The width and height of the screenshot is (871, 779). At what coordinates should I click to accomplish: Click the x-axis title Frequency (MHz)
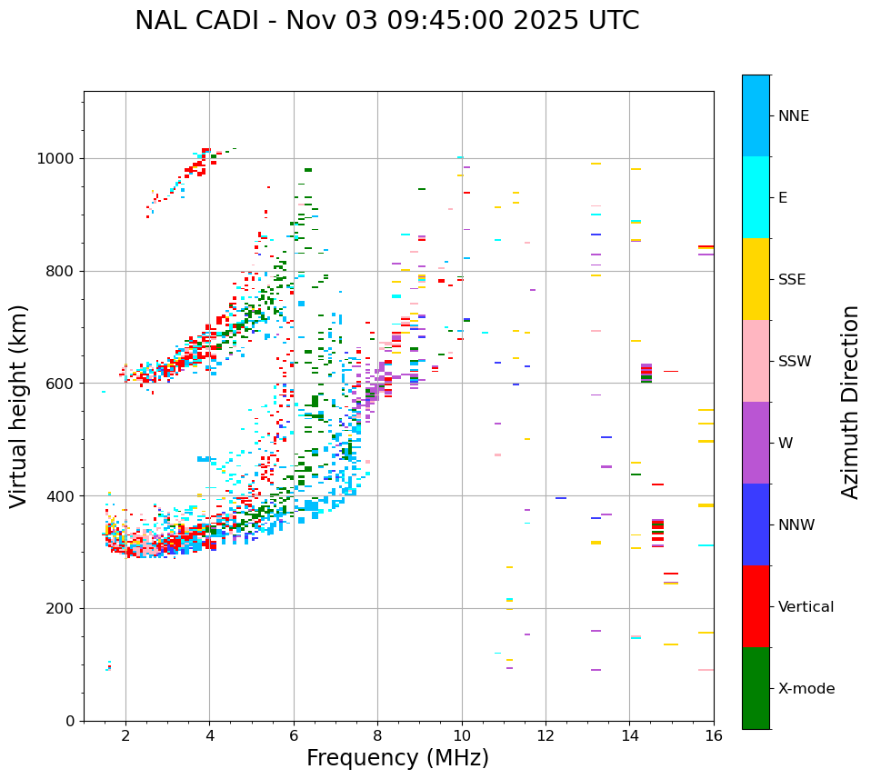[x=397, y=758]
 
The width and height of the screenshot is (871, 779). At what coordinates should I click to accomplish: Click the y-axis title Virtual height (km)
[x=19, y=405]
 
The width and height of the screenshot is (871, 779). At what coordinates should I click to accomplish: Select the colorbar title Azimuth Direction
[x=850, y=402]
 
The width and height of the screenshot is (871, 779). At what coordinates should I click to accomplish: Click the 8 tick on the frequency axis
[x=377, y=734]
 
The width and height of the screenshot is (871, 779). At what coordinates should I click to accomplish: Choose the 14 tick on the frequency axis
[x=629, y=734]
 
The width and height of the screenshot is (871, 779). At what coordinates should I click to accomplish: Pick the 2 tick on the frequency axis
[x=125, y=734]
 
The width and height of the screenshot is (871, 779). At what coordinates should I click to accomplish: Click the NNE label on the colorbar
[x=793, y=116]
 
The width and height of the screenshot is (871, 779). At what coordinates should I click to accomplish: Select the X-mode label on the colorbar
[x=806, y=689]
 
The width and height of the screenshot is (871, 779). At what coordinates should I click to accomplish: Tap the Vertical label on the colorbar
[x=806, y=607]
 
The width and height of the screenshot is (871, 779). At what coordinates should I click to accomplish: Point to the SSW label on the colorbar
[x=794, y=362]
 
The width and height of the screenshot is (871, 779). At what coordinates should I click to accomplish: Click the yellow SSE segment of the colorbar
[x=756, y=279]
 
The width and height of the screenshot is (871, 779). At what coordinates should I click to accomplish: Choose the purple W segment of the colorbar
[x=756, y=443]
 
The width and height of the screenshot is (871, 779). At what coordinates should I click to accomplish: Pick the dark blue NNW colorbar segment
[x=756, y=524]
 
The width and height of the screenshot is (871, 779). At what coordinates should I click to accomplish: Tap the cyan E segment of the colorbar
[x=756, y=197]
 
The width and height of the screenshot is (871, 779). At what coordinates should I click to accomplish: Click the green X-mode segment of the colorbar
[x=756, y=688]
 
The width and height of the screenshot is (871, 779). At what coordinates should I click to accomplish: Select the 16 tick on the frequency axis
[x=713, y=734]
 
